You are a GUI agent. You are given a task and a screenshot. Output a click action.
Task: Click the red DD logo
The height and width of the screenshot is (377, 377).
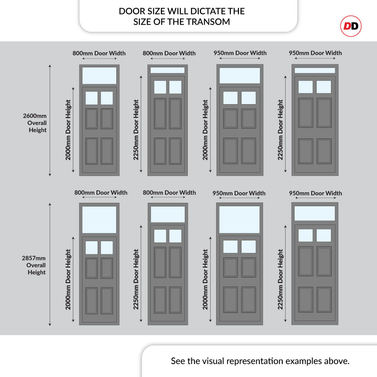[350, 26]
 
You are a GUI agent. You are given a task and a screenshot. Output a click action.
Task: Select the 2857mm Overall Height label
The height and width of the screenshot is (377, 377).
[35, 265]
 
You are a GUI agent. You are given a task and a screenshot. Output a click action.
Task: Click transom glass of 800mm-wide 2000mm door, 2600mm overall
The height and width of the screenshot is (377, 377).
[99, 75]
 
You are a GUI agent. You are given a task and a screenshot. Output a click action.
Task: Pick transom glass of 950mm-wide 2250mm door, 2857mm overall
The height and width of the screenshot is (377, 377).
[314, 213]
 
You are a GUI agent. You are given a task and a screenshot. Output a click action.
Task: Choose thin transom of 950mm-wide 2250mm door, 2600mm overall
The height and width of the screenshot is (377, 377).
[314, 70]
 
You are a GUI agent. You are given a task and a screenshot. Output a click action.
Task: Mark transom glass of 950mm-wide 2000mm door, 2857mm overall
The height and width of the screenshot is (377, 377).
[239, 219]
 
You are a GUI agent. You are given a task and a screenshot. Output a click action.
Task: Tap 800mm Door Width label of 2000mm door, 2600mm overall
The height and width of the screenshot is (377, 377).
[99, 53]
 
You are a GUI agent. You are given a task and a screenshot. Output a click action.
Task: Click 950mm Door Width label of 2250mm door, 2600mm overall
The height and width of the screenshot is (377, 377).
[315, 53]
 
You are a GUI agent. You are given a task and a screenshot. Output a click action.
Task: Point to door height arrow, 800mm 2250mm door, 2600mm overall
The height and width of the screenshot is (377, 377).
[141, 124]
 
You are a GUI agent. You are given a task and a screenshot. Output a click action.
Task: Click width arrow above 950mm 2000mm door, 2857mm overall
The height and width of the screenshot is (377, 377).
[239, 199]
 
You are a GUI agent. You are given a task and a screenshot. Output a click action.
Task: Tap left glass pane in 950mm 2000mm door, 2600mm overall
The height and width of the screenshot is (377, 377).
[230, 98]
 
